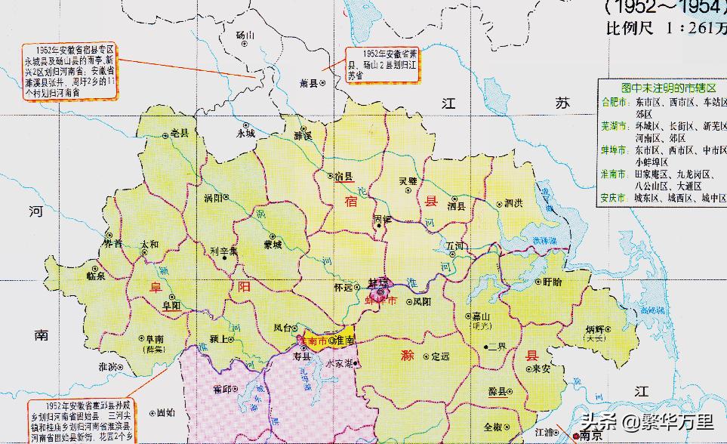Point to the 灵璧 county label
point(408,181)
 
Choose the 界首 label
point(112,244)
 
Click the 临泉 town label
point(97,276)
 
